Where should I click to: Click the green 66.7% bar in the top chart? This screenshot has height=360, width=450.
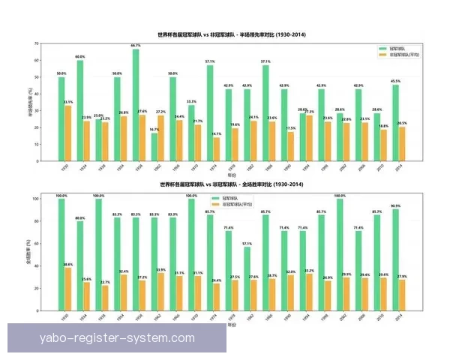point(136,105)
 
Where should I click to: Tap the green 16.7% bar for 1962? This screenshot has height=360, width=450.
point(154,147)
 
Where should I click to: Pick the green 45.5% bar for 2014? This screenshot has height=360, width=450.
point(395,123)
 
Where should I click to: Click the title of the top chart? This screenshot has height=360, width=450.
point(232,34)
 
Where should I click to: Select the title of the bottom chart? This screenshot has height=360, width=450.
point(232,184)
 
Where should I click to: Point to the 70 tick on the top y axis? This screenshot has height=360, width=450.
point(36,43)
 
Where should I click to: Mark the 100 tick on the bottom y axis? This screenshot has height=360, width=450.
point(35,199)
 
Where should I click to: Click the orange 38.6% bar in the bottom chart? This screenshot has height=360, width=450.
point(68,290)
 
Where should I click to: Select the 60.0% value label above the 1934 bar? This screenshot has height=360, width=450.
point(79,57)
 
